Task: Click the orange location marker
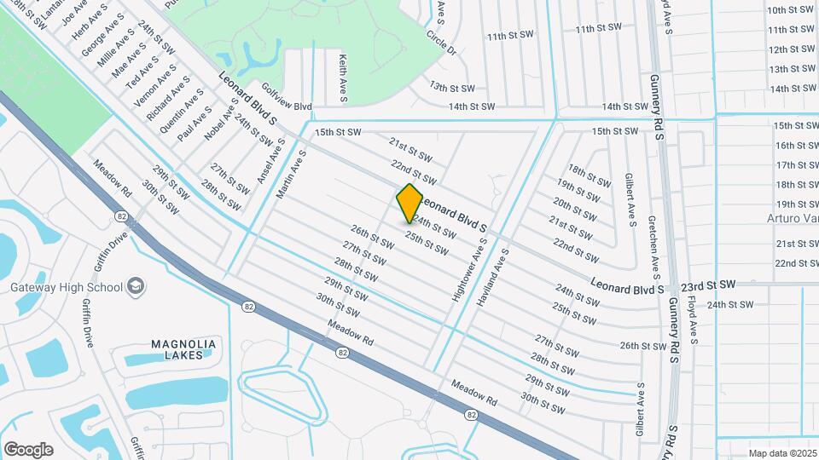409,204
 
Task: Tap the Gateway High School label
66,287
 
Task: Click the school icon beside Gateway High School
135,287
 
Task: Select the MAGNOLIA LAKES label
183,349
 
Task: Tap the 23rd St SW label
715,284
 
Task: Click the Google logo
28,450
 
